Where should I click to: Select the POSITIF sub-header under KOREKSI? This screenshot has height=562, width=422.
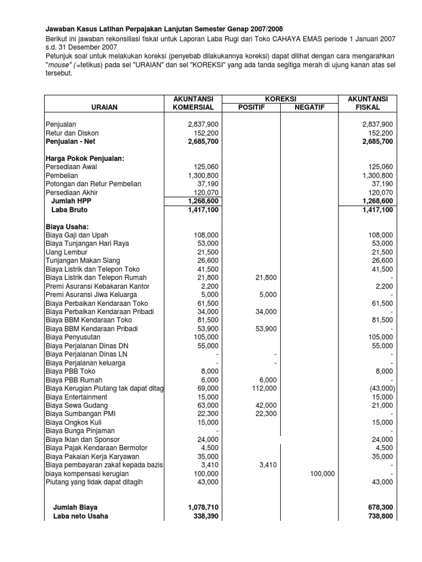(x=253, y=108)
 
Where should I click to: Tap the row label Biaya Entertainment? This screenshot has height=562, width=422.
(x=76, y=397)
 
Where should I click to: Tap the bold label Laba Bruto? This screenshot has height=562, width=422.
(x=69, y=210)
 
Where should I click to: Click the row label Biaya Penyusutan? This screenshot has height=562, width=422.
(x=73, y=337)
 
